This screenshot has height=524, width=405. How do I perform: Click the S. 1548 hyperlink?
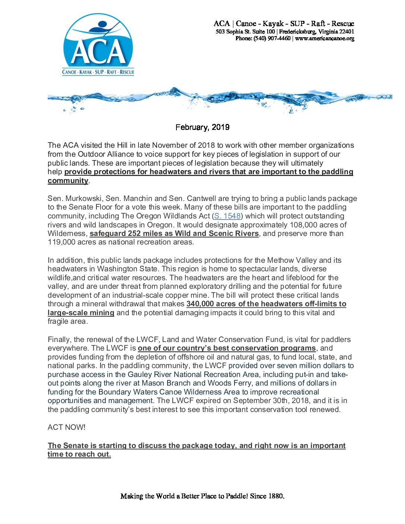coord(227,216)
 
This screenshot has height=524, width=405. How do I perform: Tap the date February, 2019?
coord(202,127)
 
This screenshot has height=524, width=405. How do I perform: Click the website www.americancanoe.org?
coord(325,38)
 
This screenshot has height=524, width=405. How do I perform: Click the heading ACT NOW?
coord(67,427)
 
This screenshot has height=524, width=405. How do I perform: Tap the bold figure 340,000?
coord(200,304)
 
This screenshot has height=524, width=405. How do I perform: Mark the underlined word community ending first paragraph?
coord(68,181)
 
